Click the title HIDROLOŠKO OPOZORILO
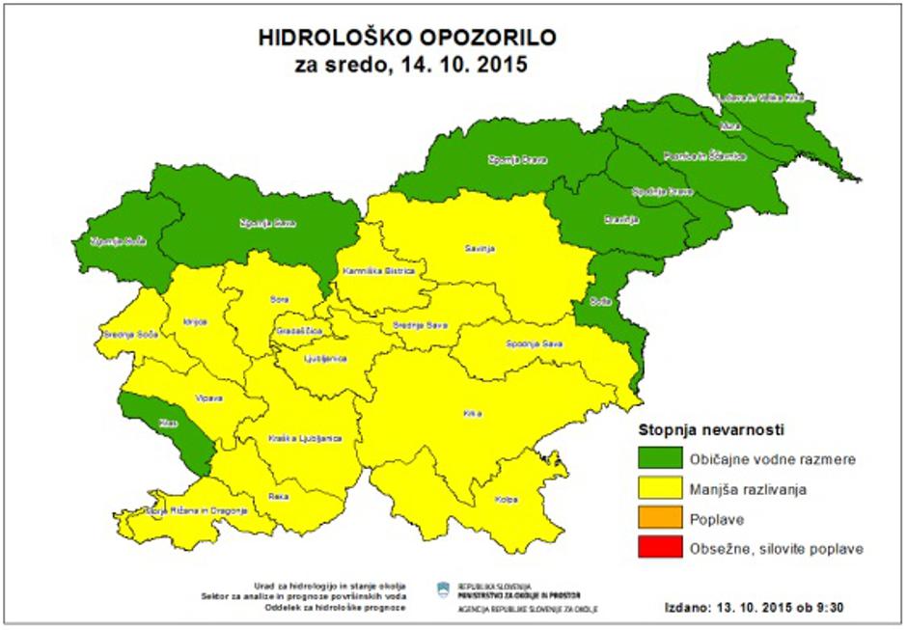[x=406, y=38]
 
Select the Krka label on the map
[x=472, y=414]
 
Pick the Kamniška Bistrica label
[x=378, y=272]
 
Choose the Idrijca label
[x=194, y=321]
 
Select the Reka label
[x=279, y=496]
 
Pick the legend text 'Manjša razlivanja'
[x=748, y=489]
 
